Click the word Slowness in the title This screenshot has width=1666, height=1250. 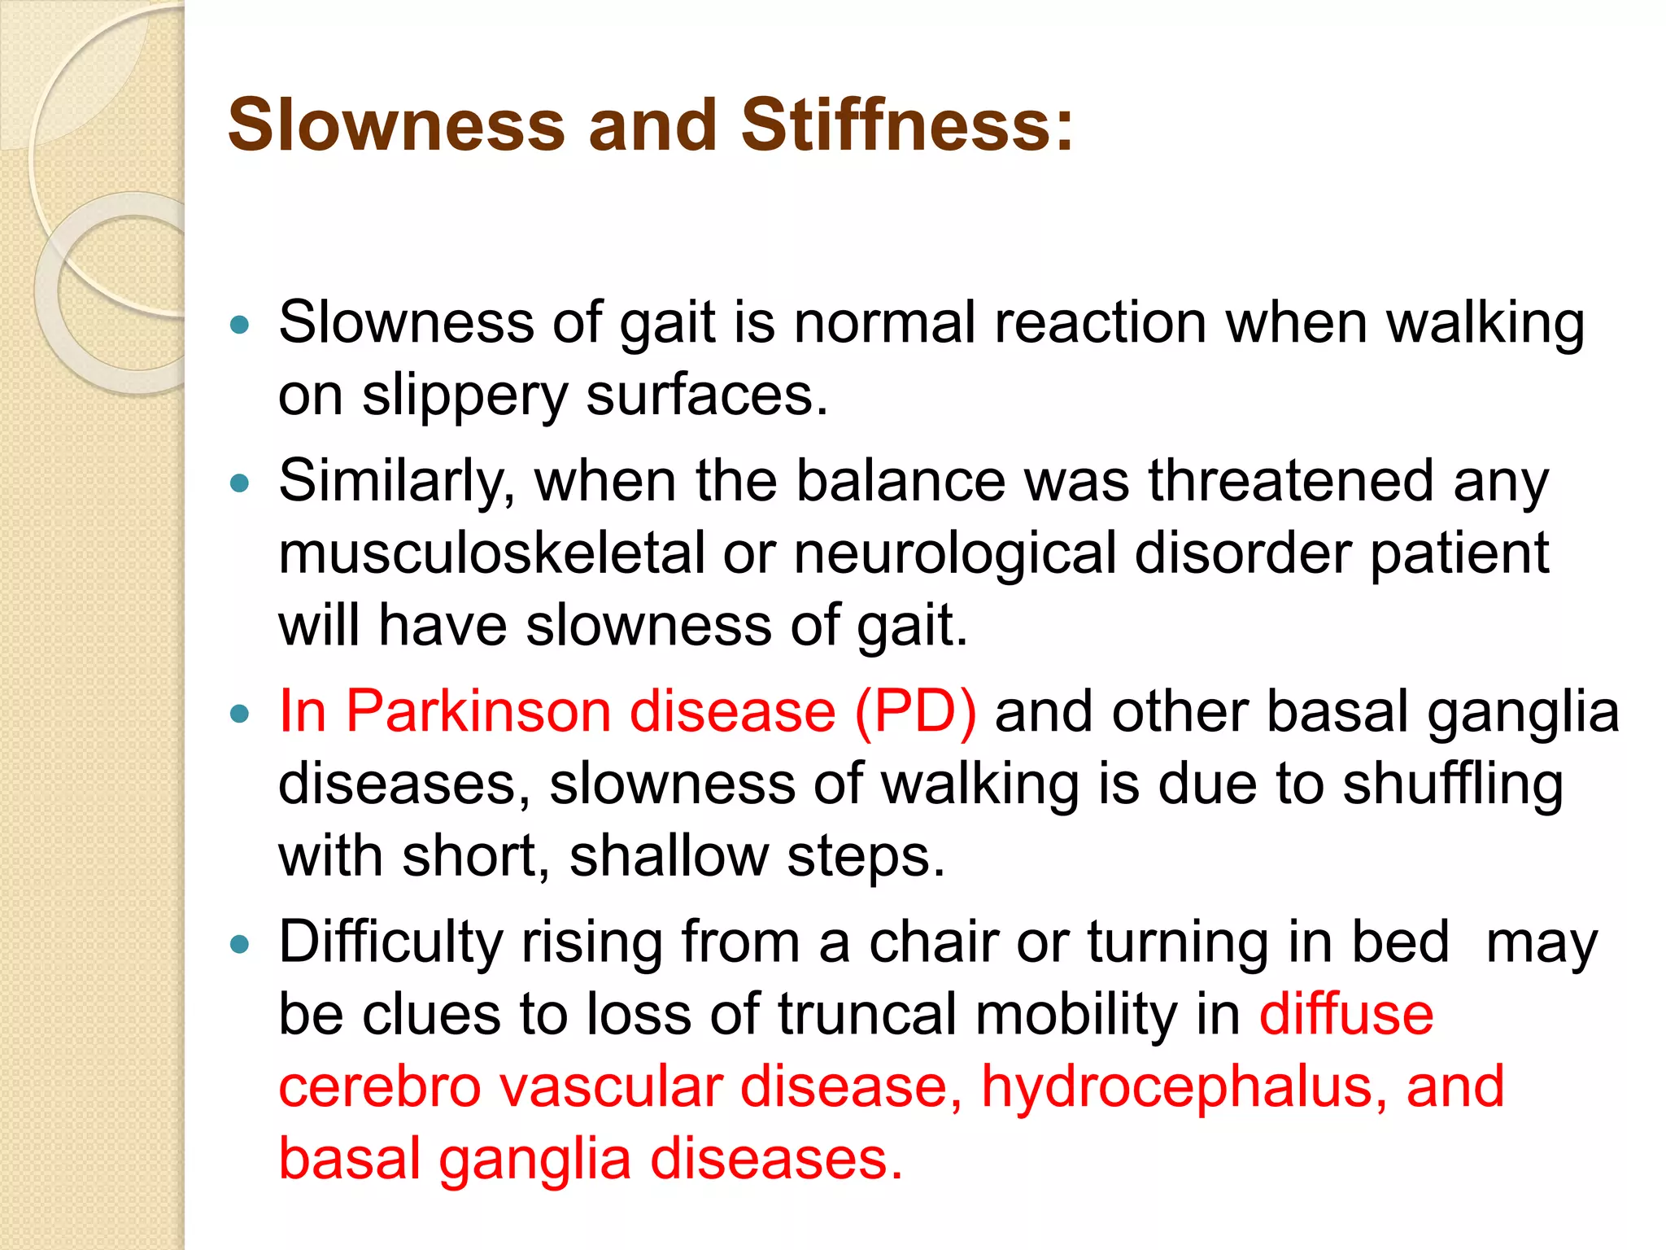coord(396,126)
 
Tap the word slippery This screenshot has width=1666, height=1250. coord(464,396)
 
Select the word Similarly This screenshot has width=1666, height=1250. coord(396,482)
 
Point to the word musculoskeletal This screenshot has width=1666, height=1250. coord(491,553)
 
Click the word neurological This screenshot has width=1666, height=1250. coord(954,553)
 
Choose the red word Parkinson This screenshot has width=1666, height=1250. coord(478,711)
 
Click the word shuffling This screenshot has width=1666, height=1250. coord(1452,785)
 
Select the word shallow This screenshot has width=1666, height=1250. coord(668,856)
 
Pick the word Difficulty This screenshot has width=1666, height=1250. coord(390,943)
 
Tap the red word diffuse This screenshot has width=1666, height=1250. coord(1346,1015)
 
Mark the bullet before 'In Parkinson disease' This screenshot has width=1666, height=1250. coord(239,715)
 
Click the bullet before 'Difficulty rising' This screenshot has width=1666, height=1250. coord(239,945)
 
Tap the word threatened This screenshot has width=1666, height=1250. coord(1291,482)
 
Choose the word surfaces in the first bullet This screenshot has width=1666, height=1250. coord(706,396)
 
